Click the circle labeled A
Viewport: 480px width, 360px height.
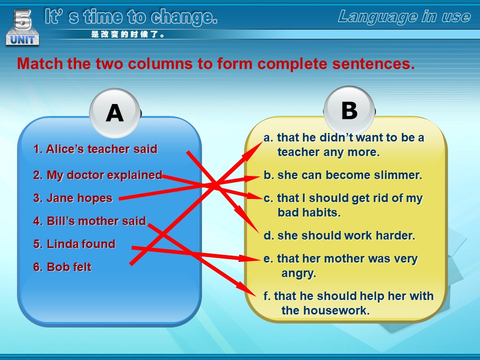115,113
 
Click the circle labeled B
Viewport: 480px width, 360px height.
349,110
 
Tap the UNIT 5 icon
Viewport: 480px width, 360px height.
22,27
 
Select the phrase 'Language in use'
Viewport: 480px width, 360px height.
404,16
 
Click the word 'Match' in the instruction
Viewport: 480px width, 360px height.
40,63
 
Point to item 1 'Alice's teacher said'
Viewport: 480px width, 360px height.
95,149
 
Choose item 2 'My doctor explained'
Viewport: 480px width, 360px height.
97,175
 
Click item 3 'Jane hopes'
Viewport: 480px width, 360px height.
73,198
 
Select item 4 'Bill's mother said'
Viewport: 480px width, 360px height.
89,221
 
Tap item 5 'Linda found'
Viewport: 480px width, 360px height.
74,244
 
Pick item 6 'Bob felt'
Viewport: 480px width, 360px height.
62,267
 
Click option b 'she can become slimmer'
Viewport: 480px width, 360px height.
343,175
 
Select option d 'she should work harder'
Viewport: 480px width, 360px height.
339,235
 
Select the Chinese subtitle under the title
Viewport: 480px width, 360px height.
127,34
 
